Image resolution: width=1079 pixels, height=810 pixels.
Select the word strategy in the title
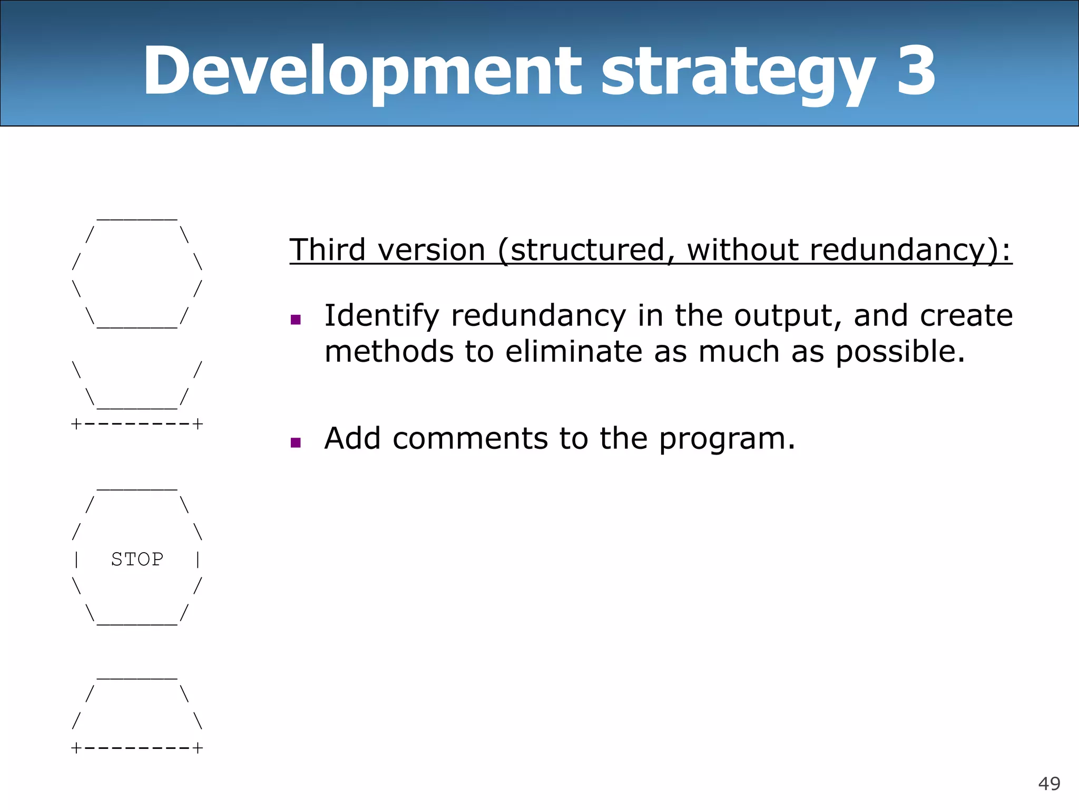738,74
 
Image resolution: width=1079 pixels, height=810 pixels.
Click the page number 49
1049,784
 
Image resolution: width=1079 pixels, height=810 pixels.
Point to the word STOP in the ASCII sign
138,559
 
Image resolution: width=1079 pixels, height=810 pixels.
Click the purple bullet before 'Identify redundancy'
296,319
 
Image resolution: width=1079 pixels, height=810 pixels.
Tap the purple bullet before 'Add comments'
296,442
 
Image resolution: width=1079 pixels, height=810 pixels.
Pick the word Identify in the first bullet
381,316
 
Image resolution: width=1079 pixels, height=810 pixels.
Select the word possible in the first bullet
900,352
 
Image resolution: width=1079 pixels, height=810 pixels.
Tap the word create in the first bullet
966,316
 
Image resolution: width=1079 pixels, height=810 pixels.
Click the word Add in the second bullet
352,438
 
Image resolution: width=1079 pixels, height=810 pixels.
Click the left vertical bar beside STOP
77,559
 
